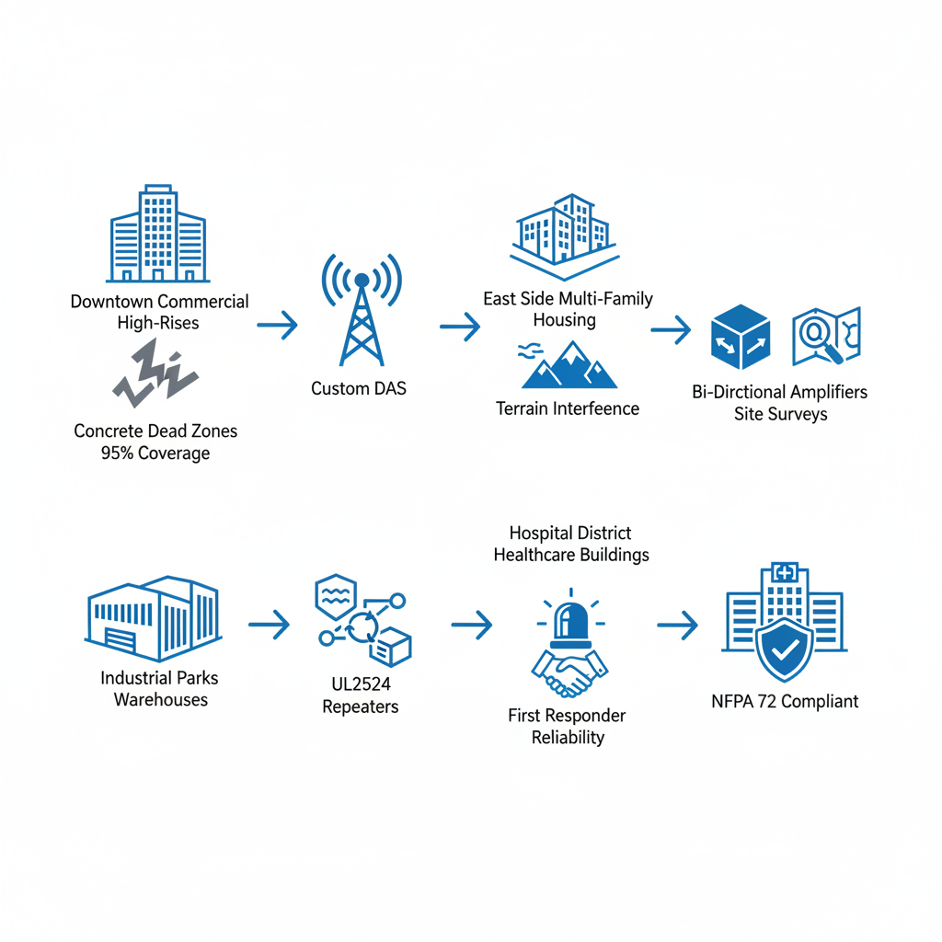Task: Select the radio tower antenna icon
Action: pos(362,308)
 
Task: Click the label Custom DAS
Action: pos(359,388)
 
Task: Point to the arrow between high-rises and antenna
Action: pos(277,325)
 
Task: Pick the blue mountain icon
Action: pos(569,365)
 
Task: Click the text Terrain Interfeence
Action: pos(568,408)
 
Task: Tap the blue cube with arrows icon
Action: pos(740,337)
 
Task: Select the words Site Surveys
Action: pos(780,414)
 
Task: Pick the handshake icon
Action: pos(570,674)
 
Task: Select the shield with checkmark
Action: pos(785,649)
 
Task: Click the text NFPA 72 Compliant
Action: pos(785,702)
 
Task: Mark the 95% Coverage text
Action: pos(155,453)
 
